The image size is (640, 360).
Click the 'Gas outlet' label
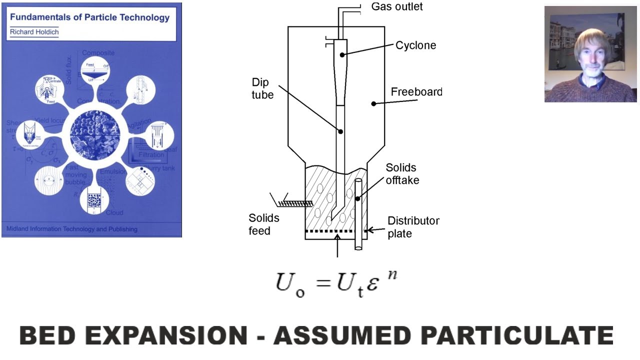[396, 6]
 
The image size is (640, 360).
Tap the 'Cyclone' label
[415, 45]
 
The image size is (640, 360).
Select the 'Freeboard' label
[416, 92]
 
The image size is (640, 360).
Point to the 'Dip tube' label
[262, 88]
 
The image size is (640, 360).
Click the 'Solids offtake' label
[402, 173]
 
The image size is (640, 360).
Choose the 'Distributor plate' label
[413, 226]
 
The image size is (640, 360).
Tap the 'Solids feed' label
[264, 224]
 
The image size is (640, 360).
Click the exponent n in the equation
[392, 274]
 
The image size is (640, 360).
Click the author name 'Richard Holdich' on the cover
[34, 32]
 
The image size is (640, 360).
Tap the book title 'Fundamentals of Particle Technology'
[90, 18]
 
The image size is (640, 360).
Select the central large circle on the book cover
[95, 135]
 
